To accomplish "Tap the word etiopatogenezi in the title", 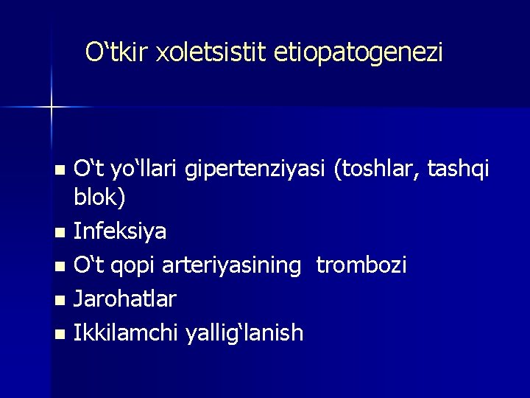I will pos(358,54).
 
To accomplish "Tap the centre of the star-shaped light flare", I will pos(52,108).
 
